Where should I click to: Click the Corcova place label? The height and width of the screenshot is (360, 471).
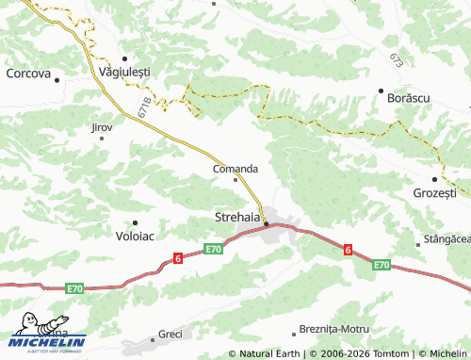click(28, 72)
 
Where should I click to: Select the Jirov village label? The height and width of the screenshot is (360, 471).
click(101, 126)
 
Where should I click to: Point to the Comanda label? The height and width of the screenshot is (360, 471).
click(235, 169)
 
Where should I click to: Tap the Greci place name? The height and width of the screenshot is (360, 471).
click(171, 334)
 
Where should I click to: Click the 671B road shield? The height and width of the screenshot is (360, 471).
click(143, 106)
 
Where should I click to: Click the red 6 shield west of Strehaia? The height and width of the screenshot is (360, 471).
click(177, 257)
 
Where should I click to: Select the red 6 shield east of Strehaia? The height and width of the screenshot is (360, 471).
click(348, 250)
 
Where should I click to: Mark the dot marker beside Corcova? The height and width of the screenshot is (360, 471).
click(57, 80)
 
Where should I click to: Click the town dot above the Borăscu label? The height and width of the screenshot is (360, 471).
click(381, 90)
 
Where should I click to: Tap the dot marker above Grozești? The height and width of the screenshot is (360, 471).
click(434, 179)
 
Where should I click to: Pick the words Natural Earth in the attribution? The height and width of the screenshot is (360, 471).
click(270, 353)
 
